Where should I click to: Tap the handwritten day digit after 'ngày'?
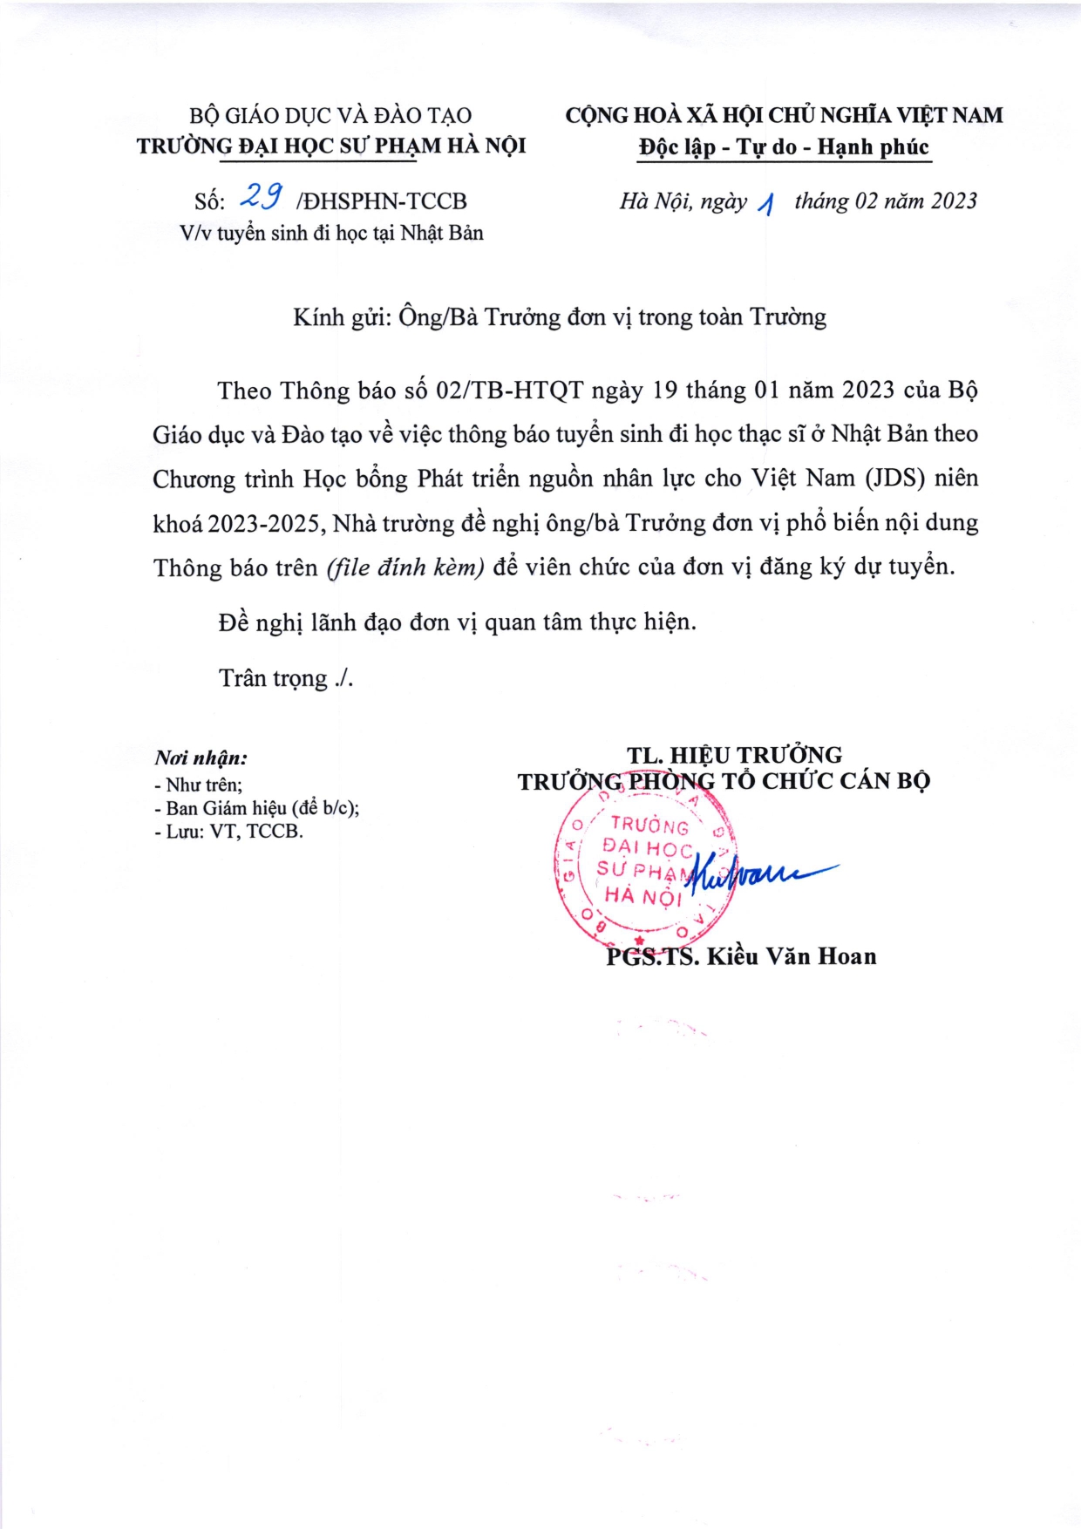point(766,204)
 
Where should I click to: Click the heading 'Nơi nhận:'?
point(201,758)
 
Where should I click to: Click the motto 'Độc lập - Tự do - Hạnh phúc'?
point(784,146)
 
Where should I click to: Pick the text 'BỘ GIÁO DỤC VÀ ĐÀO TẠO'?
point(330,115)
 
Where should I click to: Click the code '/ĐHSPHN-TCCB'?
point(382,201)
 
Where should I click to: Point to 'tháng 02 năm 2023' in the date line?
point(886,201)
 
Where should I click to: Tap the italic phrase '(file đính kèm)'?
point(405,567)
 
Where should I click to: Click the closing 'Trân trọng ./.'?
point(286,678)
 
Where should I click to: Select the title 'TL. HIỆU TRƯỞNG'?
point(734,755)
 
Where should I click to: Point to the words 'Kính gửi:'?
point(342,317)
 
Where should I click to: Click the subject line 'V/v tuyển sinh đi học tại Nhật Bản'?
point(331,233)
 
